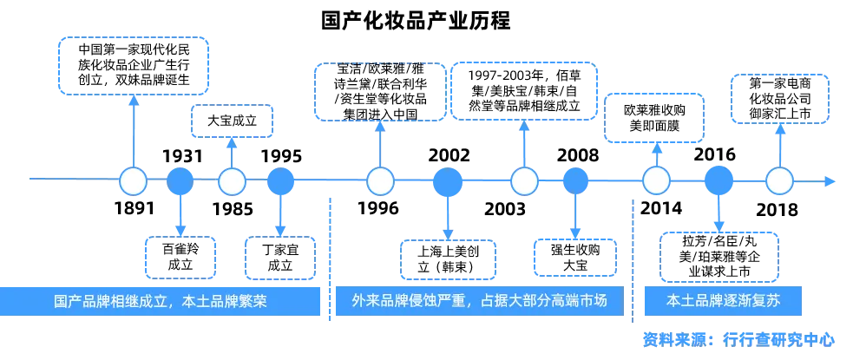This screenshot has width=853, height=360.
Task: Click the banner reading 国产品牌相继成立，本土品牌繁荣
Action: (161, 302)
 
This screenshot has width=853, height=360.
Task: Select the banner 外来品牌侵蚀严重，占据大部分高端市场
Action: (478, 302)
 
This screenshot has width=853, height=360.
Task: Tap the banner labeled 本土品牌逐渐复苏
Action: (724, 302)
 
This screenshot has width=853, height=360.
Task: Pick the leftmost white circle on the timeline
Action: (133, 181)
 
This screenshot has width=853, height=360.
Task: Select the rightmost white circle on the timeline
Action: (779, 181)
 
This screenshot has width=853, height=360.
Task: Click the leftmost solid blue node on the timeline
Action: (180, 181)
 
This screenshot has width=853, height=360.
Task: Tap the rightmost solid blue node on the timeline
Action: (718, 181)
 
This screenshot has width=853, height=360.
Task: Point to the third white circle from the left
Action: (380, 181)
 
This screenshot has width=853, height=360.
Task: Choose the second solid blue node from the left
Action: (280, 181)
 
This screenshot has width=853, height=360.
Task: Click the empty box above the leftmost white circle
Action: (133, 65)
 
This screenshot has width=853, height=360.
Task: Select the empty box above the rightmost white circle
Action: (780, 97)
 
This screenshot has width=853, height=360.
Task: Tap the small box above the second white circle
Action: (232, 121)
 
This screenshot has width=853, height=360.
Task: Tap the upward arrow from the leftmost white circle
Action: (133, 130)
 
